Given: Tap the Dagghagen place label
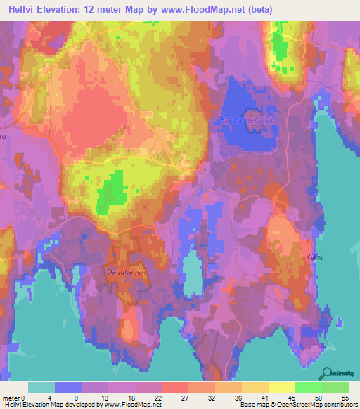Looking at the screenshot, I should click(129, 271).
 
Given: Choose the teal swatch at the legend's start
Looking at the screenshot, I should click(41, 387).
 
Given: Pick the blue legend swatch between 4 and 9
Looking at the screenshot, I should click(68, 387).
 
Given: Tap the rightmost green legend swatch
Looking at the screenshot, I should click(335, 387).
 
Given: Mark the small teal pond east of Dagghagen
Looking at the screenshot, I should click(192, 274).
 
